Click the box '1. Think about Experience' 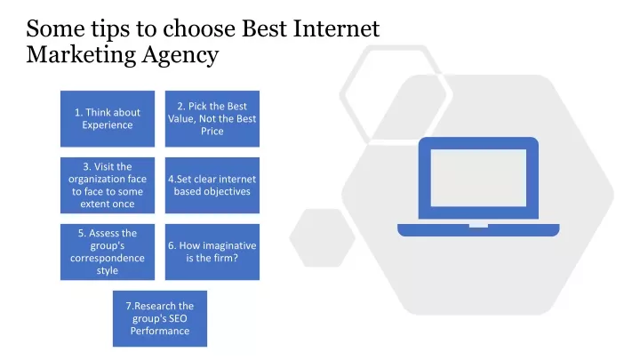pos(108,119)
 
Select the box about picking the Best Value pos(212,119)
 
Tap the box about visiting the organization pos(108,185)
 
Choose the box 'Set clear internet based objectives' pos(212,185)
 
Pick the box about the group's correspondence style pos(108,252)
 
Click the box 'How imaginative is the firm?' pos(212,252)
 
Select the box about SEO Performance pos(160,318)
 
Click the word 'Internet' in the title pos(336,28)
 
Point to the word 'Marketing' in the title pos(81,55)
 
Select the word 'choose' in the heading pos(200,28)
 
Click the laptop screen pos(478,178)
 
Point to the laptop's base pos(478,230)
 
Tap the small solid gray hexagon pos(323,238)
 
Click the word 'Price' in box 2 pos(212,131)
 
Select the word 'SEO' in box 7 pos(178,318)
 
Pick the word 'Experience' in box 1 pos(108,125)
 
